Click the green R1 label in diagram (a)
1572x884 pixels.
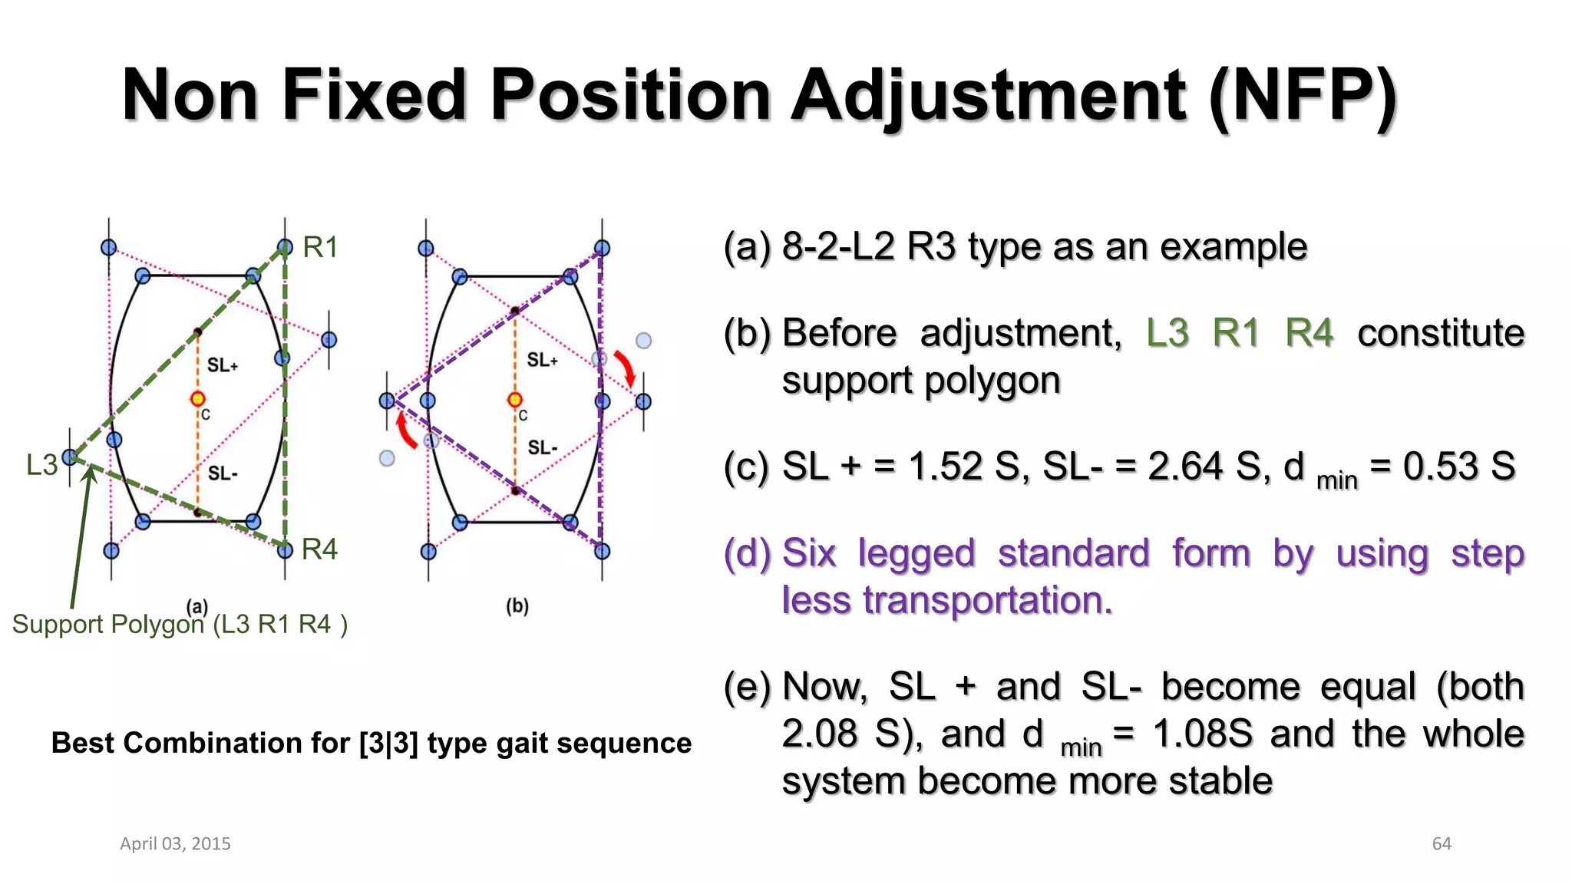[x=320, y=247]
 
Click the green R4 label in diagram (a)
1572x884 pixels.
[x=319, y=549]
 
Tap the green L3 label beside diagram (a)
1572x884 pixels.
[x=41, y=465]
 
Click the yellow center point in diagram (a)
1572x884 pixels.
[x=198, y=398]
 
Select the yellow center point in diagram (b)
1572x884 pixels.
[x=515, y=399]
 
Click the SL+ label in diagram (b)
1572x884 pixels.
[x=542, y=360]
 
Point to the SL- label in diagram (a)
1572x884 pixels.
[x=223, y=473]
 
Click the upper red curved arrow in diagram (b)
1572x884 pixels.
[x=626, y=368]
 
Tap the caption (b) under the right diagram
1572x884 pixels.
[x=517, y=606]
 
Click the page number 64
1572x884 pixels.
[x=1442, y=844]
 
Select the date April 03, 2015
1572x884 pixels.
[x=175, y=844]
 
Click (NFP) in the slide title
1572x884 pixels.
[x=1302, y=96]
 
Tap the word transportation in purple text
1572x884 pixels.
[x=986, y=600]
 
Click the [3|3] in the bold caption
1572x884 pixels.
[x=388, y=743]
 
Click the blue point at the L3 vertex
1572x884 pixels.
[x=70, y=457]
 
